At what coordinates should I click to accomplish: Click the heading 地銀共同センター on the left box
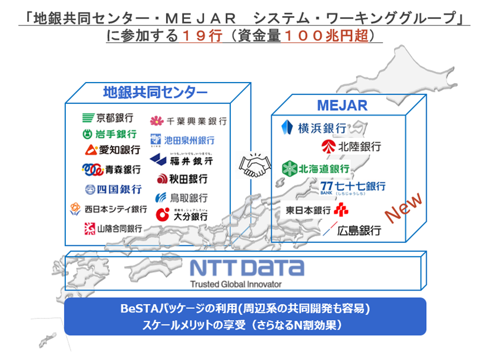155,92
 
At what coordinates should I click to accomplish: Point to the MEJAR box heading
342,106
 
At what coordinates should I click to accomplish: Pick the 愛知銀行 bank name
113,149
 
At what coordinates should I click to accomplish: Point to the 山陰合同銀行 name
113,228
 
